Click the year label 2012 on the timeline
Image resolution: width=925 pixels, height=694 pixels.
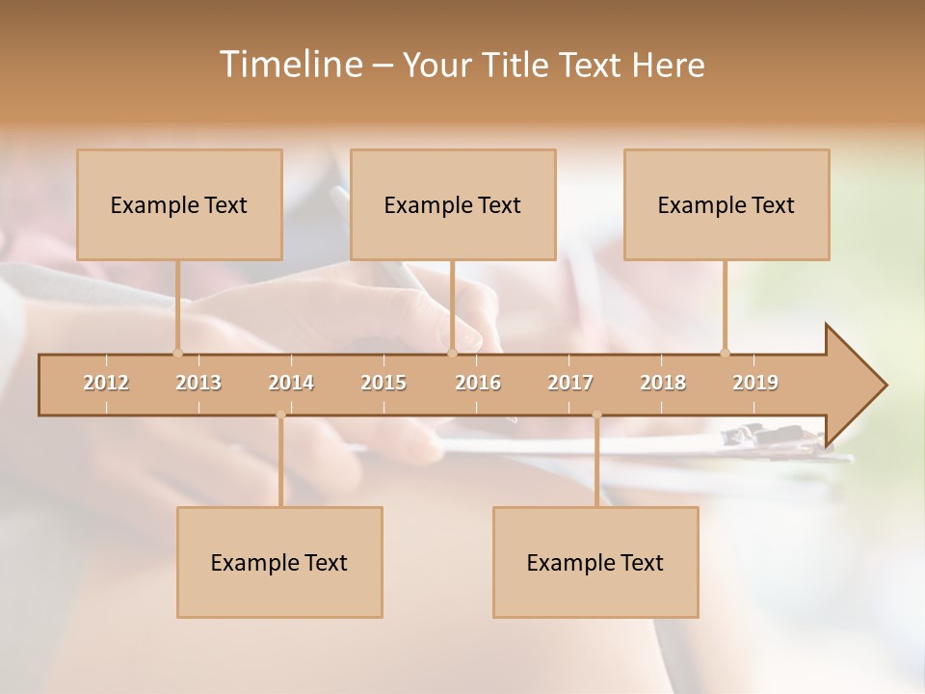106,383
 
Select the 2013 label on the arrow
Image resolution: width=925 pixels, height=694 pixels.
198,383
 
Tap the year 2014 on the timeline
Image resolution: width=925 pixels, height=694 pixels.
291,383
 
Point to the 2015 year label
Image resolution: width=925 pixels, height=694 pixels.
383,383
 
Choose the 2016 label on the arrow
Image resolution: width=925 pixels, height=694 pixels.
478,383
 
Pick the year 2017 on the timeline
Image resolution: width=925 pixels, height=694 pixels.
570,383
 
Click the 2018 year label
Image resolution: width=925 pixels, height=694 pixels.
663,383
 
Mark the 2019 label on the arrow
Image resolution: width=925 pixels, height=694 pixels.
755,383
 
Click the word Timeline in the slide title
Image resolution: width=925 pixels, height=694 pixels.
289,65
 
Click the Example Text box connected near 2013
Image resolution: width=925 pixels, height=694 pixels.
179,204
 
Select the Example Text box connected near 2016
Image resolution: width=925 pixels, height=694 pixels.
453,204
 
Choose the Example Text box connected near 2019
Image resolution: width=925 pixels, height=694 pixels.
727,204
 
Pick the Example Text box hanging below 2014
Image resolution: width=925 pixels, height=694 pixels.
279,562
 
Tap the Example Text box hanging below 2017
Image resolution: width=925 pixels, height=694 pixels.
595,562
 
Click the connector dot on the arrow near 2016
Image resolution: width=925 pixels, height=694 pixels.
452,353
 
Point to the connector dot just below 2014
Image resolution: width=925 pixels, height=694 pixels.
280,415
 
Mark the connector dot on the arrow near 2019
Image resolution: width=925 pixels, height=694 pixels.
725,353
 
